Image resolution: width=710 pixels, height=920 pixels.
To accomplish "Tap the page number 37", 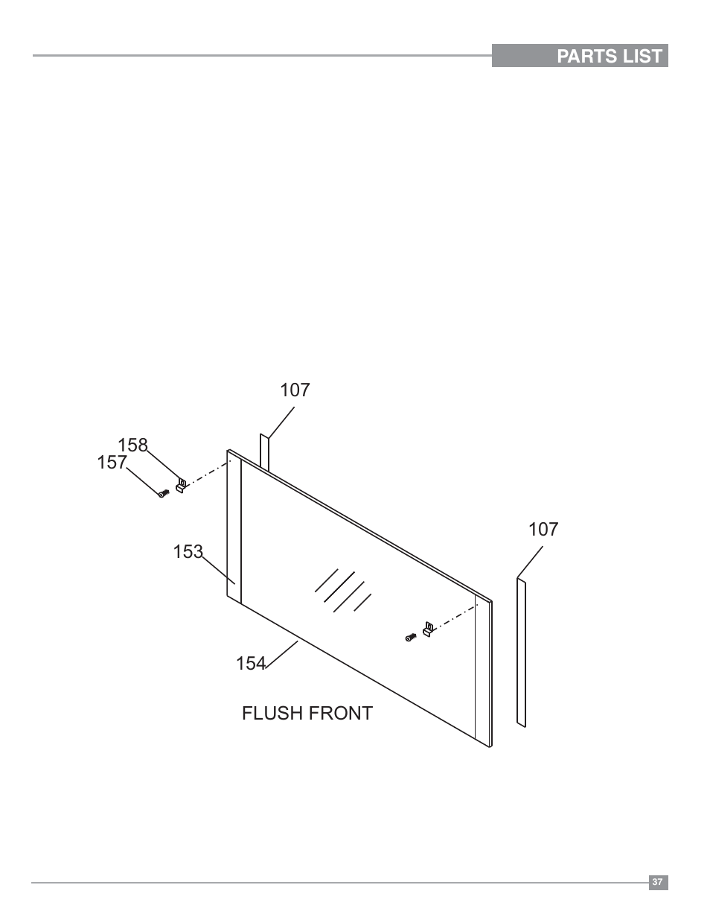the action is pyautogui.click(x=657, y=882).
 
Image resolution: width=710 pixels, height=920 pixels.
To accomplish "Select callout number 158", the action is pyautogui.click(x=132, y=445).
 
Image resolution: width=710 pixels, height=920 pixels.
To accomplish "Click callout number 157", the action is pyautogui.click(x=112, y=463).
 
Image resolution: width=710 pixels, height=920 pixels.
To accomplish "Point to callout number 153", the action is pyautogui.click(x=188, y=551).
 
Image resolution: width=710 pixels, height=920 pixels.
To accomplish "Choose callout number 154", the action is pyautogui.click(x=250, y=663).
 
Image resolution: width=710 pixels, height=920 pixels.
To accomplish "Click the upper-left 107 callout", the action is pyautogui.click(x=295, y=390).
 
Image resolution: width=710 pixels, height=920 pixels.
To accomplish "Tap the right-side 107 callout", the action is pyautogui.click(x=543, y=529).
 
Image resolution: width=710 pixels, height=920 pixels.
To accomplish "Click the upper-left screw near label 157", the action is pyautogui.click(x=162, y=492).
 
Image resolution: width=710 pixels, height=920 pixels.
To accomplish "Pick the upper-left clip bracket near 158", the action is pyautogui.click(x=181, y=485).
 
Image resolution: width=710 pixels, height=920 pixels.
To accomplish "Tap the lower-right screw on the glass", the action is pyautogui.click(x=410, y=637).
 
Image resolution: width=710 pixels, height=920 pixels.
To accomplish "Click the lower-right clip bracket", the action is pyautogui.click(x=428, y=629).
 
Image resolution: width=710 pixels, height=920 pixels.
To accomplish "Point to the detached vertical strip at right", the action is pyautogui.click(x=521, y=652).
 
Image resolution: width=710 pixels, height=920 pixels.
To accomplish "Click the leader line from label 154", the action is pyautogui.click(x=283, y=652).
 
